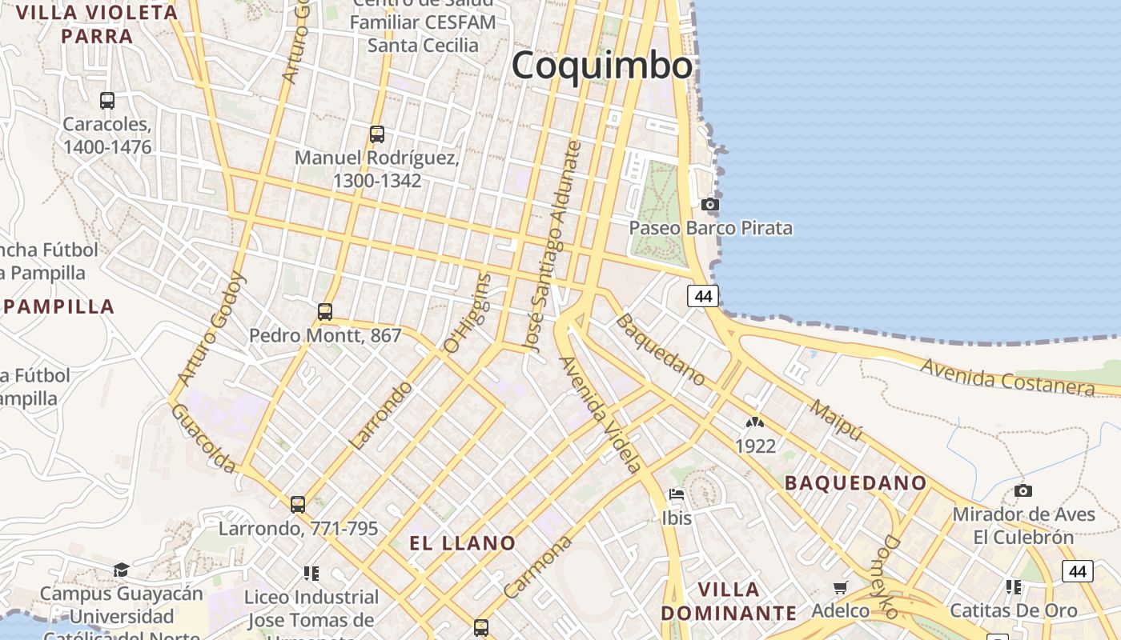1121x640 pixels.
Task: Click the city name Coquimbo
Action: (602, 65)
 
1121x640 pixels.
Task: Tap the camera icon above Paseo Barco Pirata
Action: (709, 205)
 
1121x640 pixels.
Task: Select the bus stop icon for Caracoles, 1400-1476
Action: (107, 101)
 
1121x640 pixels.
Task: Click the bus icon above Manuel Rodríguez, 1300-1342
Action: (377, 134)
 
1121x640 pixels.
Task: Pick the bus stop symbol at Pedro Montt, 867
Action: (325, 312)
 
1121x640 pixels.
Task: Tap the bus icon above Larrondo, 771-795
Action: (298, 505)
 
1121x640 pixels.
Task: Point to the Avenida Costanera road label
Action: (1006, 377)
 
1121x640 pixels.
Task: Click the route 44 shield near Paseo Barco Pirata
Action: (703, 296)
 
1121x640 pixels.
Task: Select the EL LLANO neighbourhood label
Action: (463, 543)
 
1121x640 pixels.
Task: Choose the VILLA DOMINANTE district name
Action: (729, 602)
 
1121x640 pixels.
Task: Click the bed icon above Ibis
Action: (677, 494)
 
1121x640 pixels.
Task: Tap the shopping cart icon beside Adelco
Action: (840, 588)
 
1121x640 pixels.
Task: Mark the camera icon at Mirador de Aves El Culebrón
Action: (1023, 490)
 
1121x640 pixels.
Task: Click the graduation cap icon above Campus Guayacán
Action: (121, 570)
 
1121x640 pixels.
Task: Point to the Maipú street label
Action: (837, 420)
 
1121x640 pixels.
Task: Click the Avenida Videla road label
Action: (600, 414)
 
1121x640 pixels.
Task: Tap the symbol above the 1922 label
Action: (754, 422)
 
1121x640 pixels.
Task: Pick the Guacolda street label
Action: (203, 438)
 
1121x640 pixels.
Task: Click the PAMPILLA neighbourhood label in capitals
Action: (59, 306)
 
